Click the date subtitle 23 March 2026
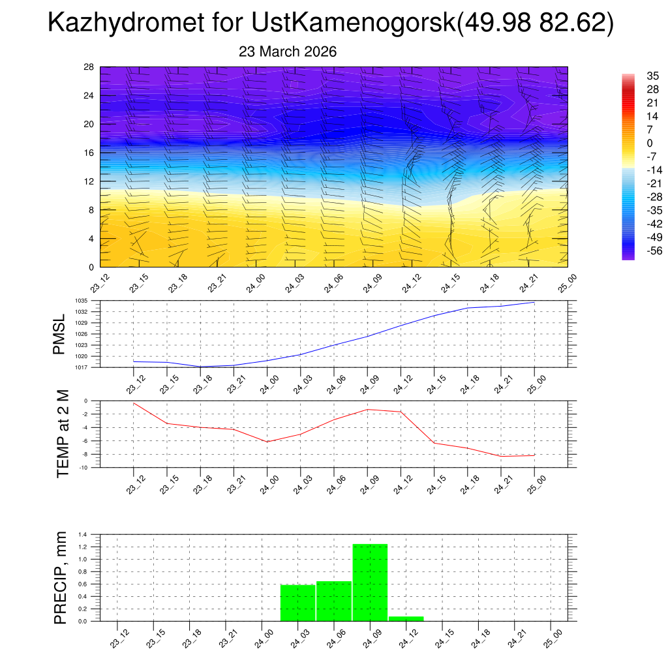[288, 52]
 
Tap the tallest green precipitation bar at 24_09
[370, 582]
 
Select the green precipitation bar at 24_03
[297, 603]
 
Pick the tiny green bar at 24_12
[406, 618]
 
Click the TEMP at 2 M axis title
[63, 433]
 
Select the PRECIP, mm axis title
[61, 578]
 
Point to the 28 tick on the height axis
[89, 67]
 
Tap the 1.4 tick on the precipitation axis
[83, 534]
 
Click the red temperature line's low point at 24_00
[267, 442]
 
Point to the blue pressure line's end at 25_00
[535, 302]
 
